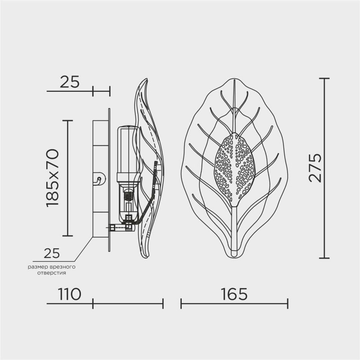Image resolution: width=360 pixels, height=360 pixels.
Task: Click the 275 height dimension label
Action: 315,168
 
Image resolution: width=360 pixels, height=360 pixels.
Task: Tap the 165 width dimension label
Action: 234,294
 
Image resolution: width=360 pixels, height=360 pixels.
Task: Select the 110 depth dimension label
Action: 69,294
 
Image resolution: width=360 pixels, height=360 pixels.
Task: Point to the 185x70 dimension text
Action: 53,178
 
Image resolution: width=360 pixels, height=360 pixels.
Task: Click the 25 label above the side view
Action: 69,82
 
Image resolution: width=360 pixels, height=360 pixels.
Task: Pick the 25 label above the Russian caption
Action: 52,253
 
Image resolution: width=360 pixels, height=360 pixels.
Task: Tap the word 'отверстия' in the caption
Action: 52,273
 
